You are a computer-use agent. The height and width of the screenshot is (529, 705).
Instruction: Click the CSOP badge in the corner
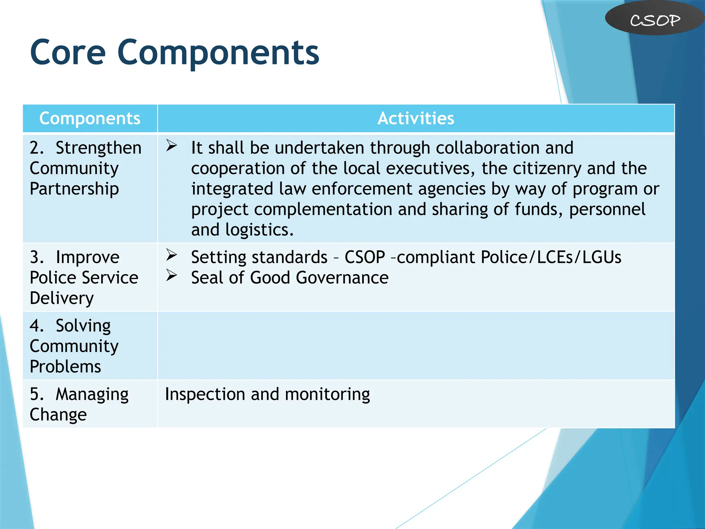(x=655, y=20)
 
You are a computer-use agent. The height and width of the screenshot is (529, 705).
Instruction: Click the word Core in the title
(x=68, y=53)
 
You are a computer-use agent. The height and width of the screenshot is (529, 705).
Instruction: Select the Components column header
(x=90, y=118)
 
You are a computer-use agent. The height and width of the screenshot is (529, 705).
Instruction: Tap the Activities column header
(x=415, y=118)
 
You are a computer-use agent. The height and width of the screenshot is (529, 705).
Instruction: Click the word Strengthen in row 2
(x=98, y=148)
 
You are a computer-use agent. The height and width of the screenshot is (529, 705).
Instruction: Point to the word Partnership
(x=74, y=189)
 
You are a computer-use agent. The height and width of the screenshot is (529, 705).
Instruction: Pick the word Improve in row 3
(x=87, y=258)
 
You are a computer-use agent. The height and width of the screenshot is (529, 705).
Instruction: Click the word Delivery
(x=62, y=298)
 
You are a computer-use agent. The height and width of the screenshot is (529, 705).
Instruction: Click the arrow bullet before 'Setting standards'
(x=171, y=255)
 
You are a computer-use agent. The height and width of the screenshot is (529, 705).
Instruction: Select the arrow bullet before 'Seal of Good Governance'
(x=171, y=275)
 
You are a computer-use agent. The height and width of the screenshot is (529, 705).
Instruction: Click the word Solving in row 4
(x=83, y=326)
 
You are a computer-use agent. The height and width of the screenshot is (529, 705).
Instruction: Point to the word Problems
(x=65, y=366)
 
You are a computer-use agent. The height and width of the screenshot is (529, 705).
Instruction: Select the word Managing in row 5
(x=92, y=394)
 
